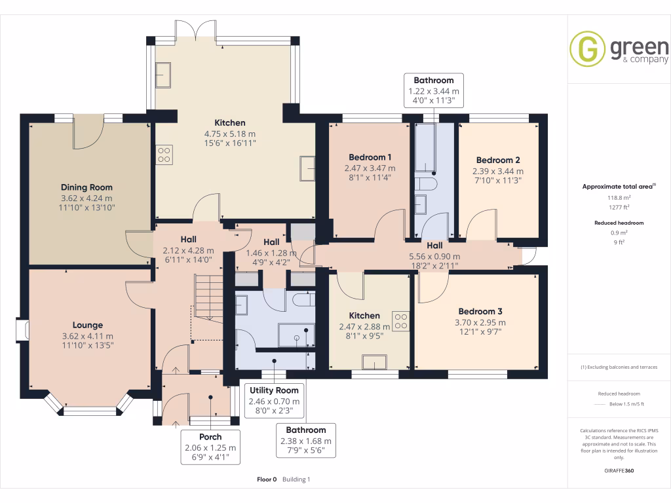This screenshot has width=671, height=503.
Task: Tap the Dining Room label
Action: [86, 187]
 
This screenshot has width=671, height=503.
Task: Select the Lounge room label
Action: [87, 325]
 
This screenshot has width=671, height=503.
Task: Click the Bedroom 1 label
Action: [370, 157]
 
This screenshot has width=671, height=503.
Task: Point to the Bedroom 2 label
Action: [498, 160]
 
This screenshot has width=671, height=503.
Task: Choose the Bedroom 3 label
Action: [480, 311]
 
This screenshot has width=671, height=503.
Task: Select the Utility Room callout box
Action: [274, 401]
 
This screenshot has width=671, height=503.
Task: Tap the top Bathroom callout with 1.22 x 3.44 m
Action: [433, 90]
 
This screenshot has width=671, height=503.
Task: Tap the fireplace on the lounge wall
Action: [23, 329]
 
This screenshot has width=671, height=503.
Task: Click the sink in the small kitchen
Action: [375, 362]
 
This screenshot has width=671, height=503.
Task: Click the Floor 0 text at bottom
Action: [267, 479]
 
